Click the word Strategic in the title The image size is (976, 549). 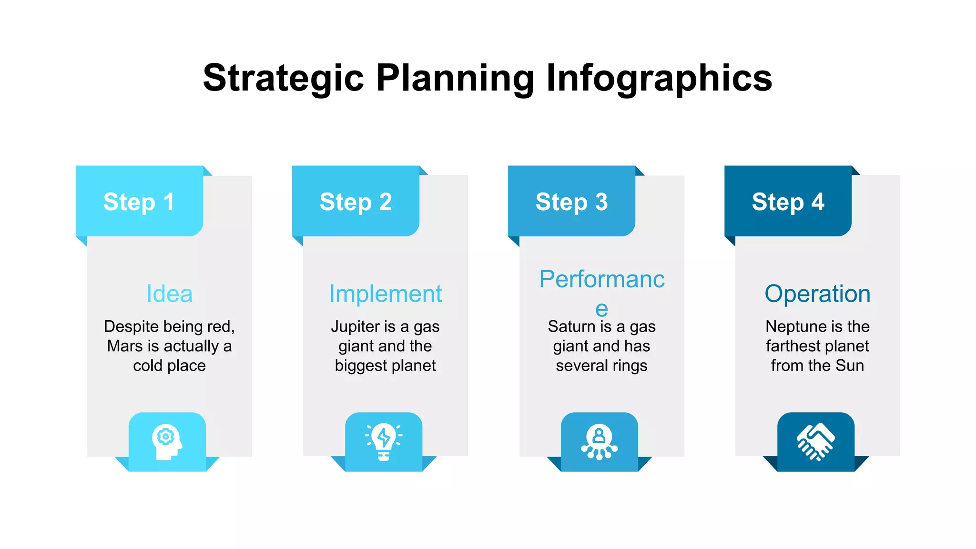[x=284, y=79]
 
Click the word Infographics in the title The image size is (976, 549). [x=659, y=79]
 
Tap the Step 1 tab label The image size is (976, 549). [x=139, y=202]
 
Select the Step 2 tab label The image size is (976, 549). [x=356, y=202]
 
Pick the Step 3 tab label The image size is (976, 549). [x=571, y=202]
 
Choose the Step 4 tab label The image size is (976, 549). [x=788, y=202]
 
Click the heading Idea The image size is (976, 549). [x=169, y=294]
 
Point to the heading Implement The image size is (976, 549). [x=385, y=294]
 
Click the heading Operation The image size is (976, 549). [x=817, y=294]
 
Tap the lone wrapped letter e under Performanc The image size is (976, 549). [x=601, y=309]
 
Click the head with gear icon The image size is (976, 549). [x=167, y=441]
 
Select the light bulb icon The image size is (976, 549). [x=384, y=441]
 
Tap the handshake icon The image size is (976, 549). [x=815, y=442]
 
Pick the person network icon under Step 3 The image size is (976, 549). [x=599, y=442]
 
